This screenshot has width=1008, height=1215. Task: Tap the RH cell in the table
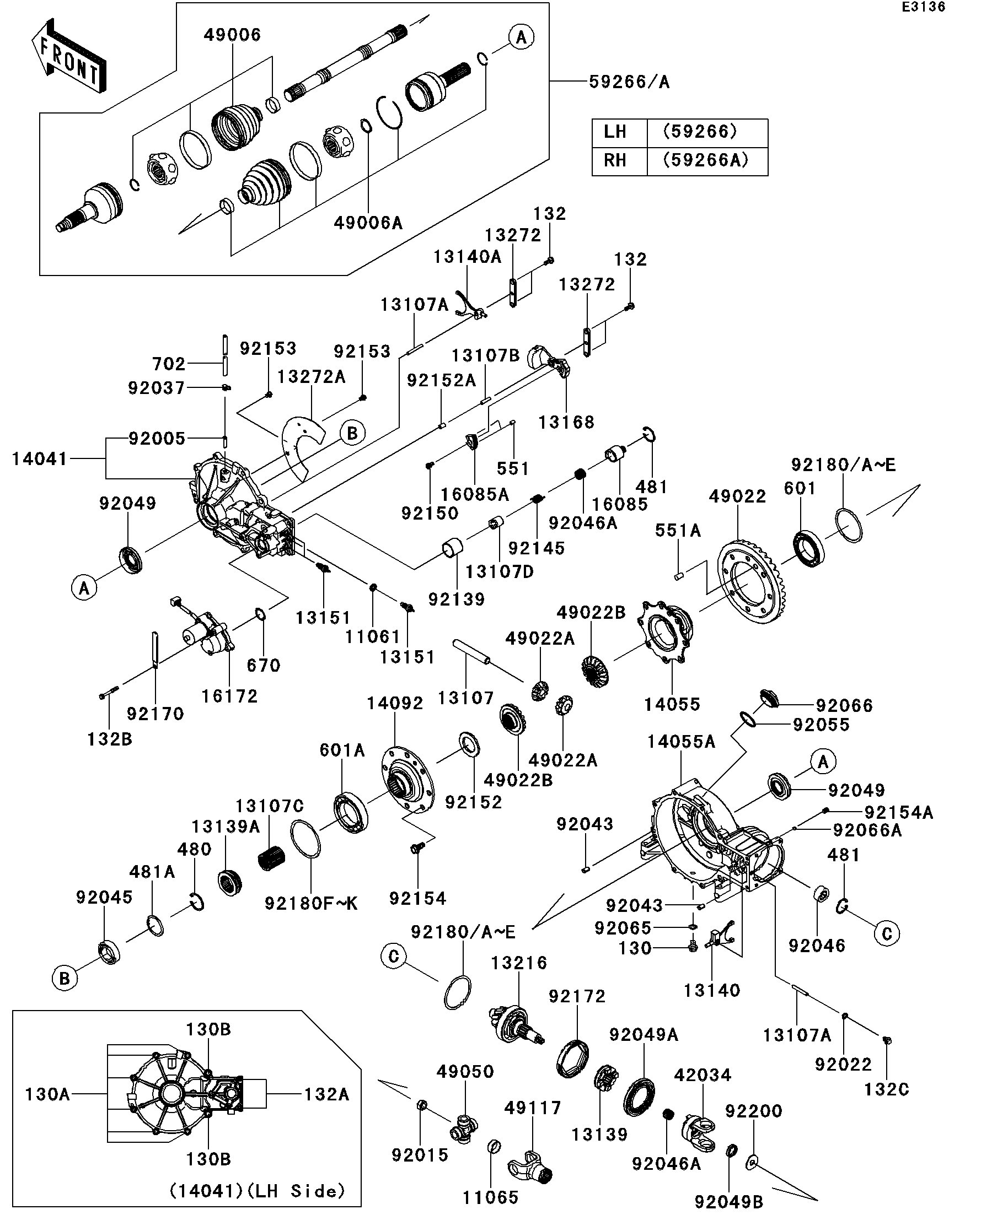pos(615,160)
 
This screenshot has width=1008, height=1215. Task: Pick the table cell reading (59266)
pos(700,132)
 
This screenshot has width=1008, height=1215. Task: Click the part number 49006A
pos(368,223)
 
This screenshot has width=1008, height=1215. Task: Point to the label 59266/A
pos(629,82)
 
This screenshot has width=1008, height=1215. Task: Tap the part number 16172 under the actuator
pos(229,696)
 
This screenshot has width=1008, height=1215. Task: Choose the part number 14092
pos(395,704)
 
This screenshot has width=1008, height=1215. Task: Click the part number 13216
pos(519,963)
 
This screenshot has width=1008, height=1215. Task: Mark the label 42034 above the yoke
pos(703,1076)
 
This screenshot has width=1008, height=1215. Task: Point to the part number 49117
pos(533,1108)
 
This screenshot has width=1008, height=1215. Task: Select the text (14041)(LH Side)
pos(257,1191)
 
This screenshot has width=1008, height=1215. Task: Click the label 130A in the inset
pos(47,1094)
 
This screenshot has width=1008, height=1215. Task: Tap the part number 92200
pos(754,1111)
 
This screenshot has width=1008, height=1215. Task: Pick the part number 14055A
pos(681,742)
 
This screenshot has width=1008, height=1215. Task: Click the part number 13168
pos(566,422)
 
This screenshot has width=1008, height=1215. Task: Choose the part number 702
pos(169,364)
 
